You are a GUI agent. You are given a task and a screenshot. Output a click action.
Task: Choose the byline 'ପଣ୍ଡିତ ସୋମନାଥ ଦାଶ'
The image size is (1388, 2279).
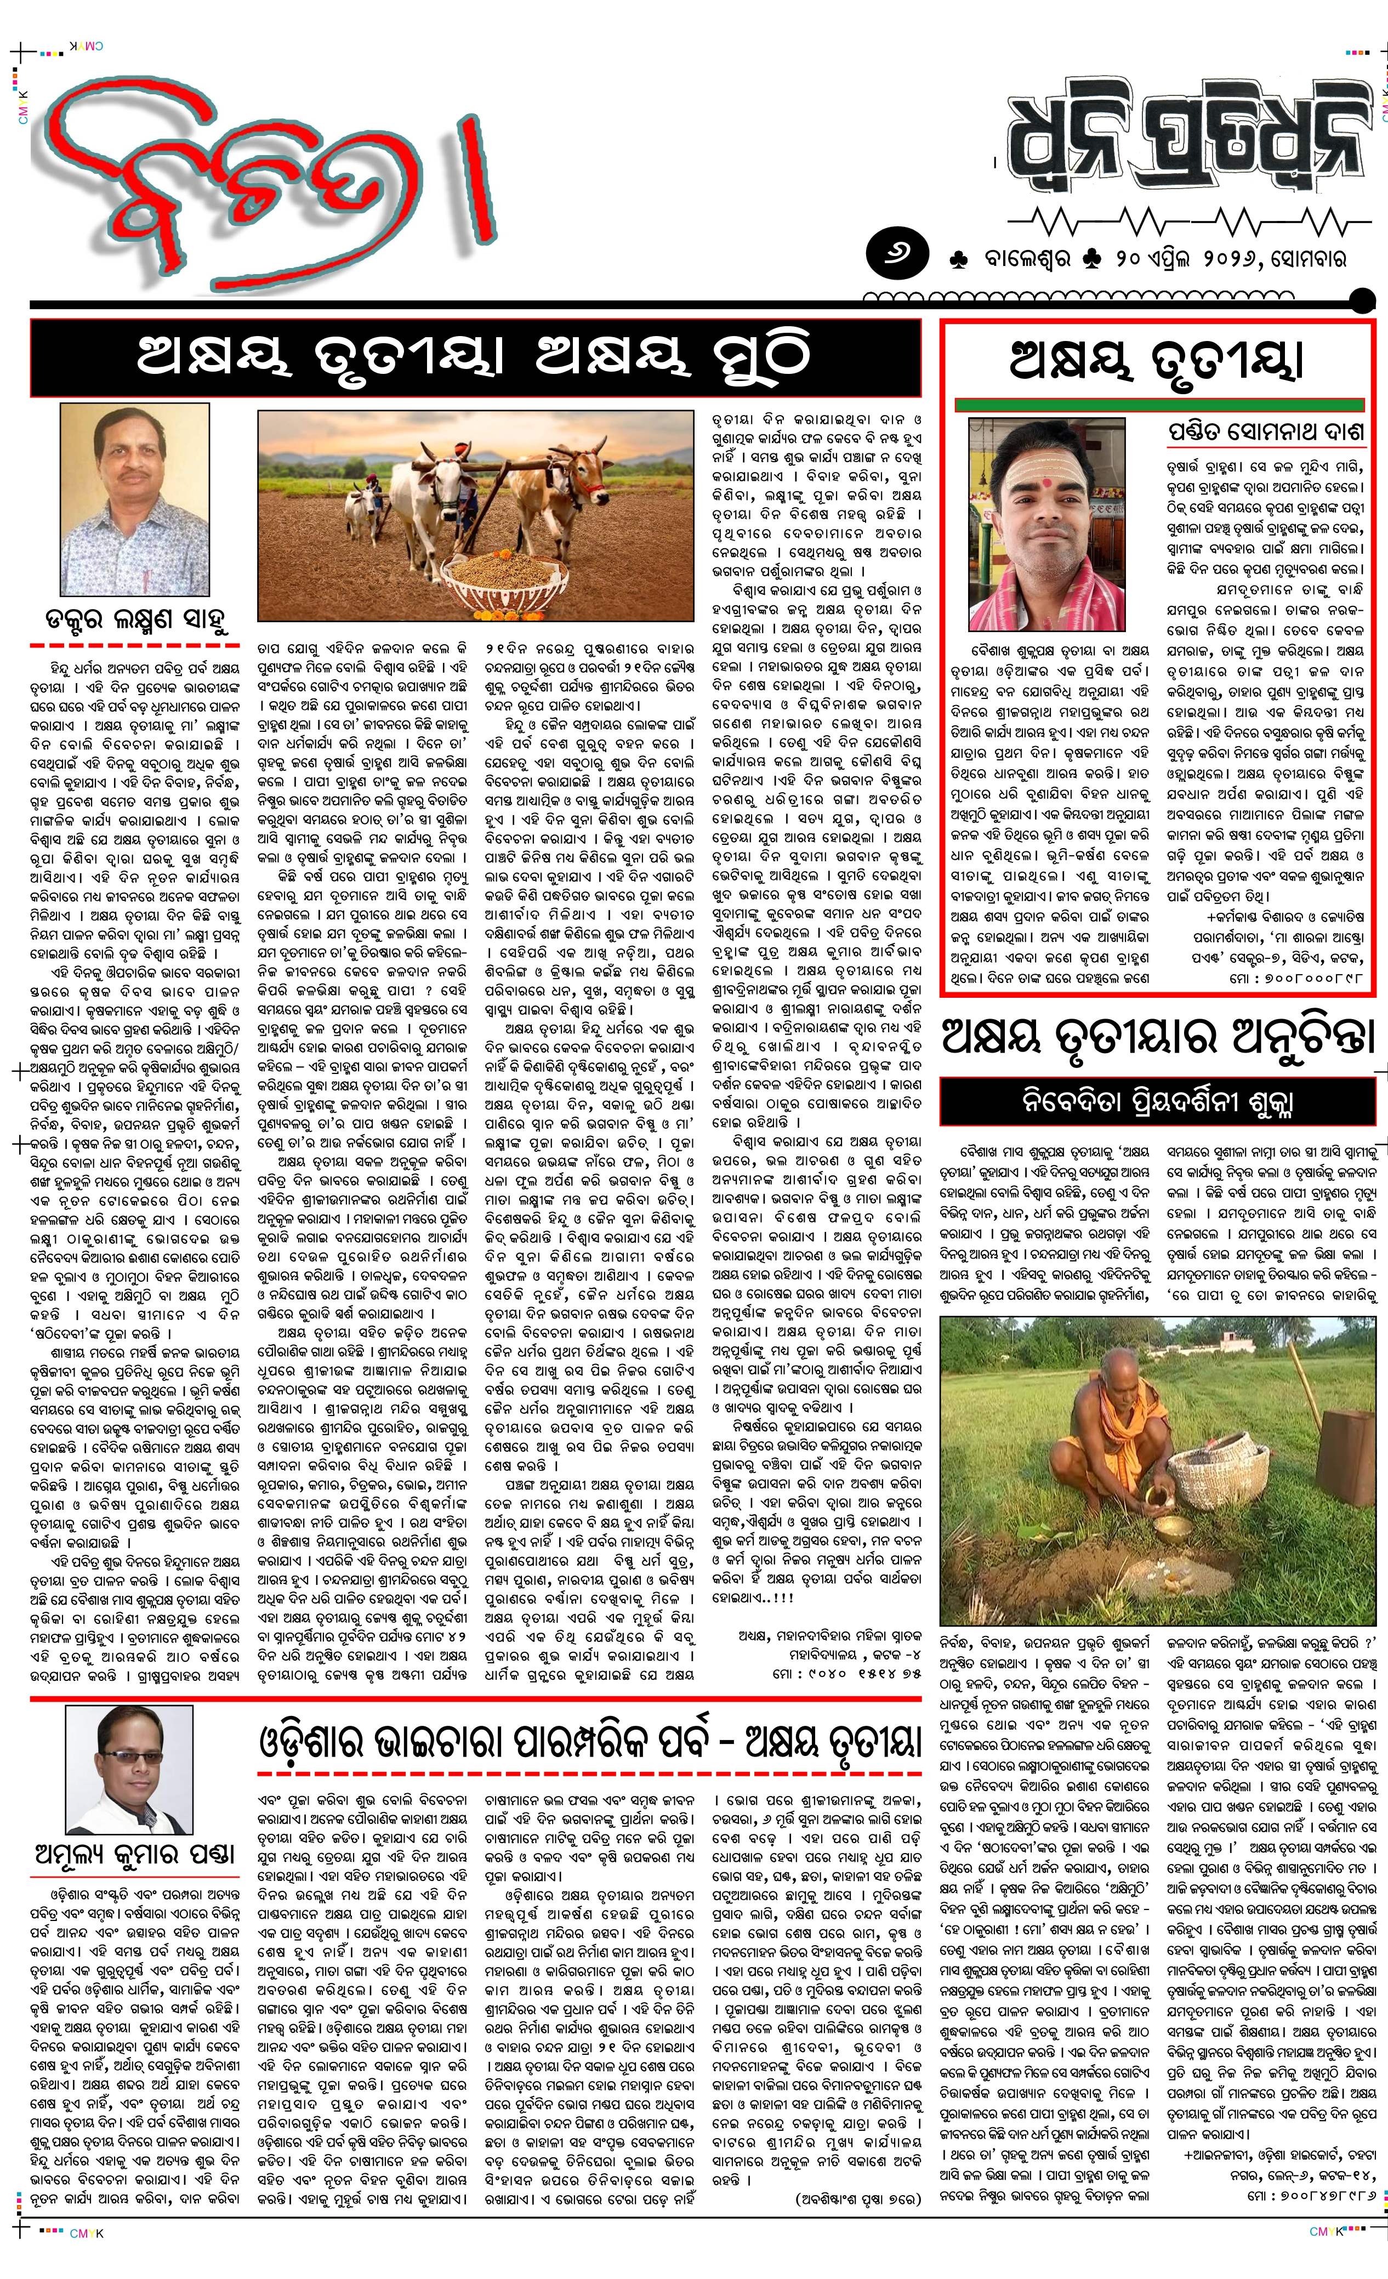pyautogui.click(x=1263, y=433)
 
